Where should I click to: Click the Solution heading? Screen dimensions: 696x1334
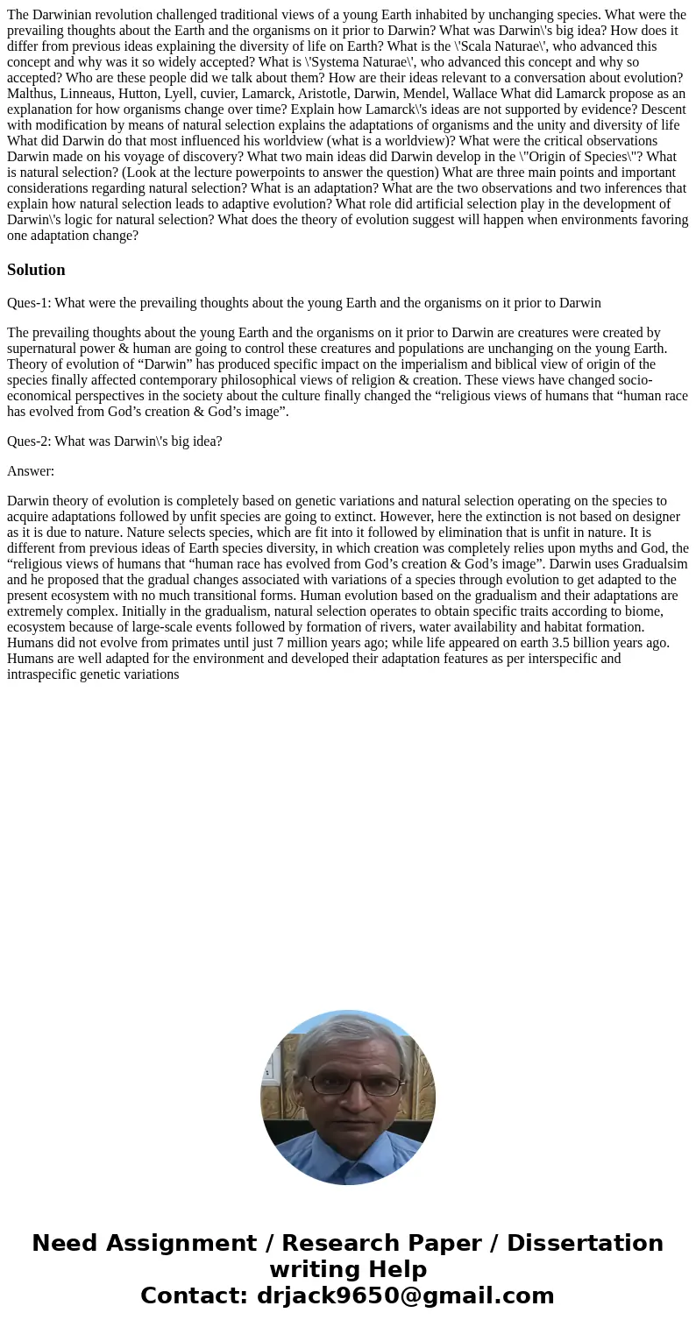click(36, 270)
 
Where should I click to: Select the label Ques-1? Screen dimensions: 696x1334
click(29, 303)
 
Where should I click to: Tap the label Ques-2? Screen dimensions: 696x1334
click(29, 441)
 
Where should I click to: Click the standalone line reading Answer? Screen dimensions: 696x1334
click(31, 471)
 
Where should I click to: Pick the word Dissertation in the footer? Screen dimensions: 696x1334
click(585, 1244)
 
